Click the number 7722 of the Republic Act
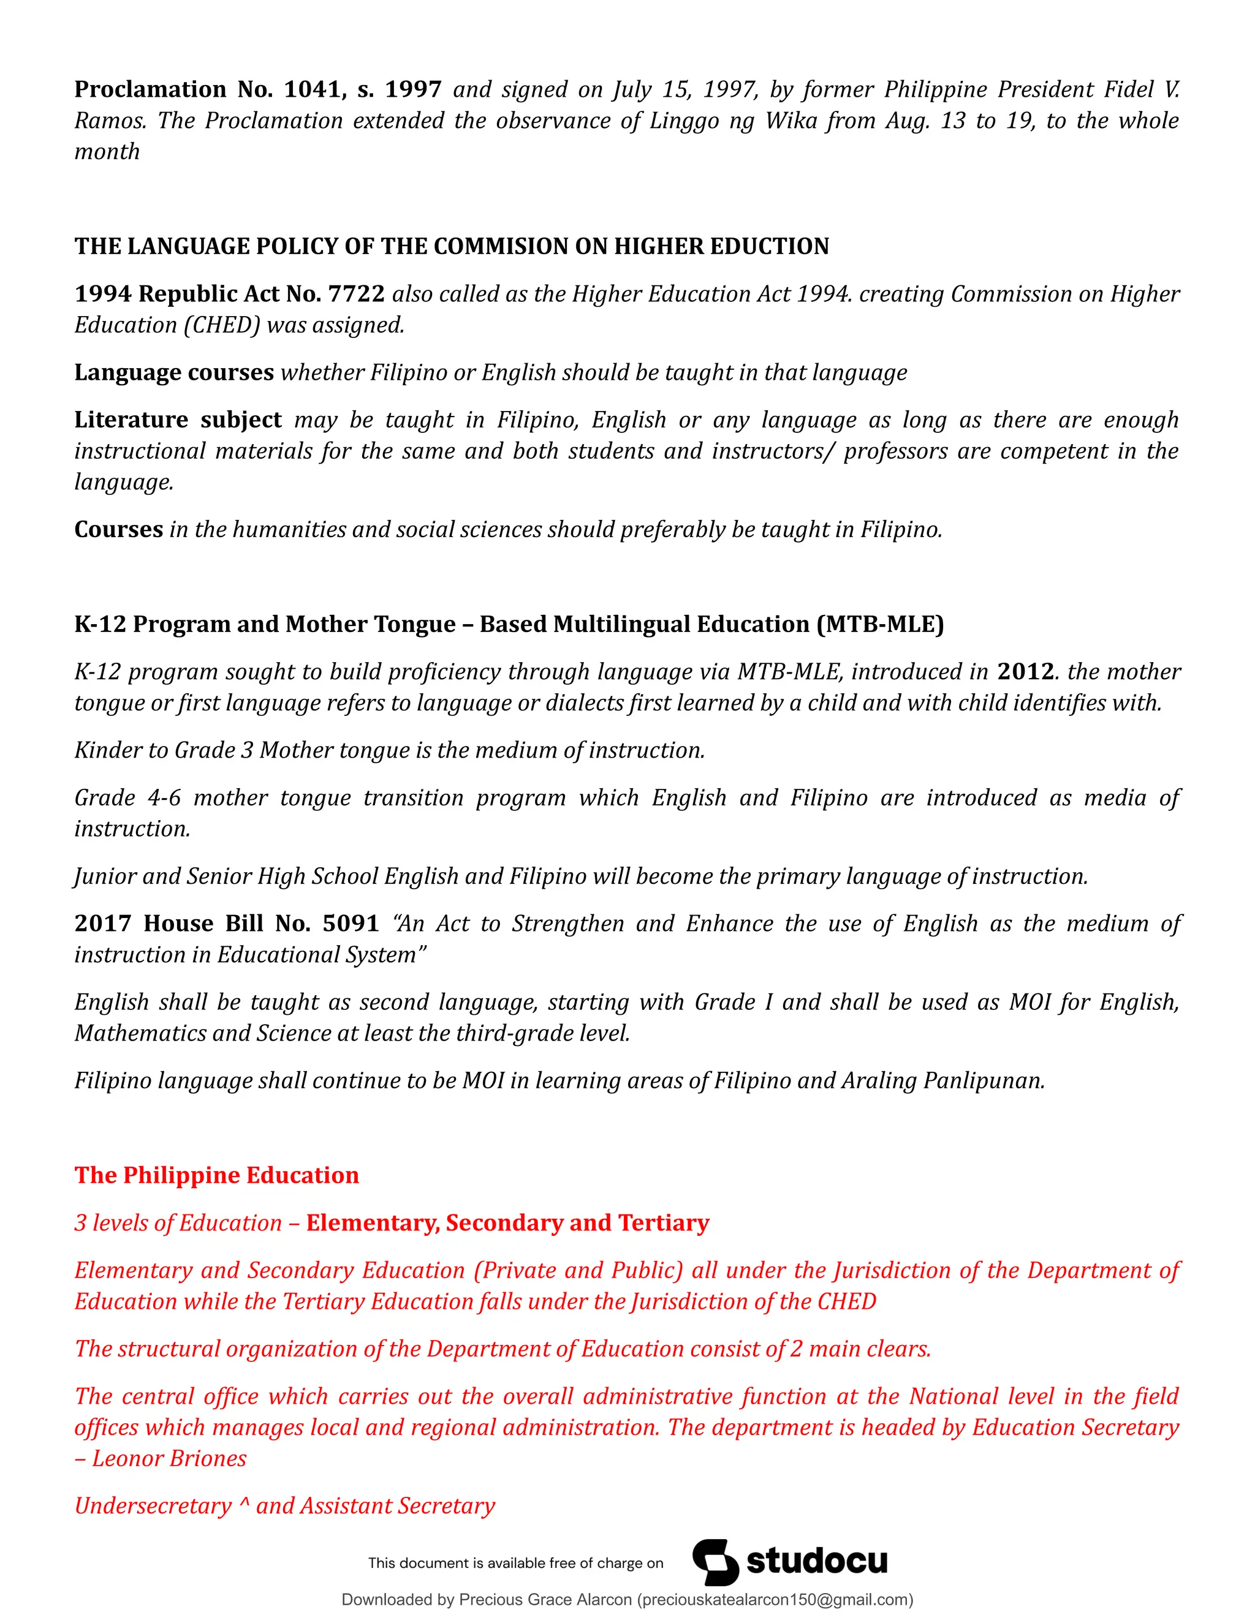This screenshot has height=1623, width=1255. tap(356, 293)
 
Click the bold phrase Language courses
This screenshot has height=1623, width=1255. tap(174, 372)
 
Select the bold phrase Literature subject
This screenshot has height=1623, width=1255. tap(178, 420)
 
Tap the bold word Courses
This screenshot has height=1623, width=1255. tap(118, 529)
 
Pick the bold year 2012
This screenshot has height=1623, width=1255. tap(1025, 671)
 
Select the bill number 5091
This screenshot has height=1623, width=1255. tap(351, 923)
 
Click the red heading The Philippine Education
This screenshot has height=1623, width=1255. tap(216, 1175)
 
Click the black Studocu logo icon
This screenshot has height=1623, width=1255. tap(715, 1562)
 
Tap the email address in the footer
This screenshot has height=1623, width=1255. tap(775, 1600)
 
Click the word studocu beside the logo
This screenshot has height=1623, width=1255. tap(816, 1561)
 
